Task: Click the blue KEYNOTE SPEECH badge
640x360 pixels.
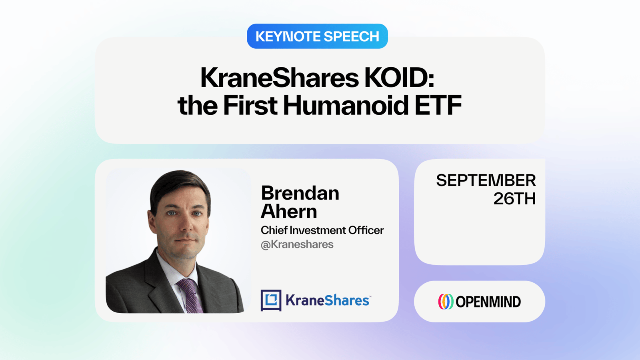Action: click(x=317, y=36)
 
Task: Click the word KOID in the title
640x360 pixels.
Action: click(x=399, y=78)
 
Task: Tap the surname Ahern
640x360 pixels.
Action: click(x=289, y=211)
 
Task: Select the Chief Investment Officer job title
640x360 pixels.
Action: click(x=322, y=230)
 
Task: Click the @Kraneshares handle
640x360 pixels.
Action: click(x=297, y=244)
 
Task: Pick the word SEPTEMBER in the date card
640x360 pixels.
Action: click(x=486, y=180)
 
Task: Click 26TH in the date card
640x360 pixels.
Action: click(x=514, y=198)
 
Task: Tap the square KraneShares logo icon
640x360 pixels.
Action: click(x=271, y=300)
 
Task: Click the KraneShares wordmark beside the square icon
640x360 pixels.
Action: click(x=328, y=300)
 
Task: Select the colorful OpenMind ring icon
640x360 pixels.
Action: click(x=446, y=302)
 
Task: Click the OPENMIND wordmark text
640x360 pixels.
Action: click(x=488, y=302)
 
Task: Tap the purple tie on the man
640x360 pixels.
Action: click(x=190, y=296)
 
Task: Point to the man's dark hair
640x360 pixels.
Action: click(x=180, y=186)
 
